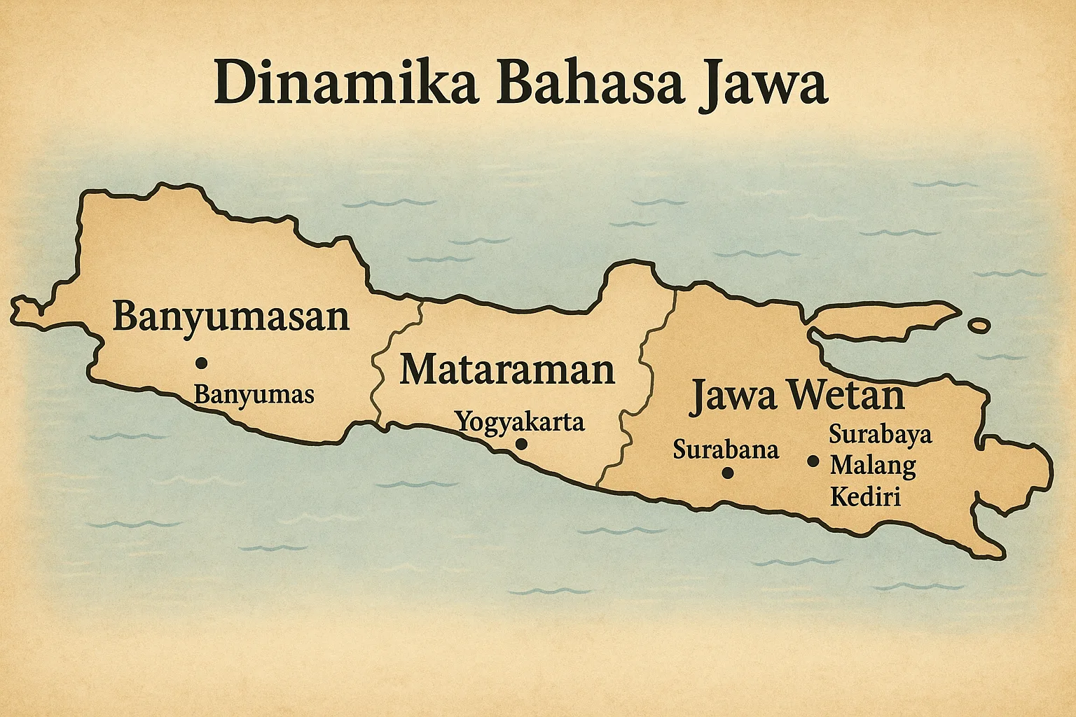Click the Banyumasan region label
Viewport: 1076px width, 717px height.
pyautogui.click(x=230, y=316)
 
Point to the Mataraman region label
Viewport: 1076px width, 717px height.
pyautogui.click(x=506, y=370)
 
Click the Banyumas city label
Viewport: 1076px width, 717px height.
pyautogui.click(x=254, y=395)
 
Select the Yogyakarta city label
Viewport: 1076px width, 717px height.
pyautogui.click(x=520, y=422)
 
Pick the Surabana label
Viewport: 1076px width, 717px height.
pyautogui.click(x=726, y=449)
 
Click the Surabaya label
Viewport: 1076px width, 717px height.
pyautogui.click(x=881, y=434)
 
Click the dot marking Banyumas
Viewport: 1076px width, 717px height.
pyautogui.click(x=202, y=363)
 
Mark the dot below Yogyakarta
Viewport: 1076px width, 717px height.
pyautogui.click(x=520, y=444)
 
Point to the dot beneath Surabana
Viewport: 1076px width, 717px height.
pyautogui.click(x=727, y=473)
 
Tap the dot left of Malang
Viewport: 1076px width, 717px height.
pyautogui.click(x=813, y=461)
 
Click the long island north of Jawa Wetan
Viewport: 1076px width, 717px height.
pyautogui.click(x=880, y=321)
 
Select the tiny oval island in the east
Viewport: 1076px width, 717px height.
pyautogui.click(x=979, y=326)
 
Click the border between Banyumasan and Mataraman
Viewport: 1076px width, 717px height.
pyautogui.click(x=382, y=364)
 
